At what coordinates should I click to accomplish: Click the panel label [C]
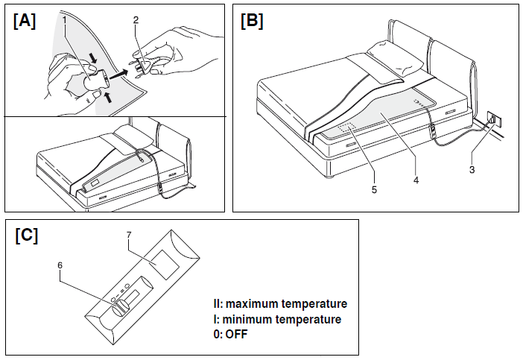coord(27,236)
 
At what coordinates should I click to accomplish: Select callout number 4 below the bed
coord(413,180)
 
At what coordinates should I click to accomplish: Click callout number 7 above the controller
coord(129,236)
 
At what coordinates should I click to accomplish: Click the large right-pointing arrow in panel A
coord(118,76)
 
